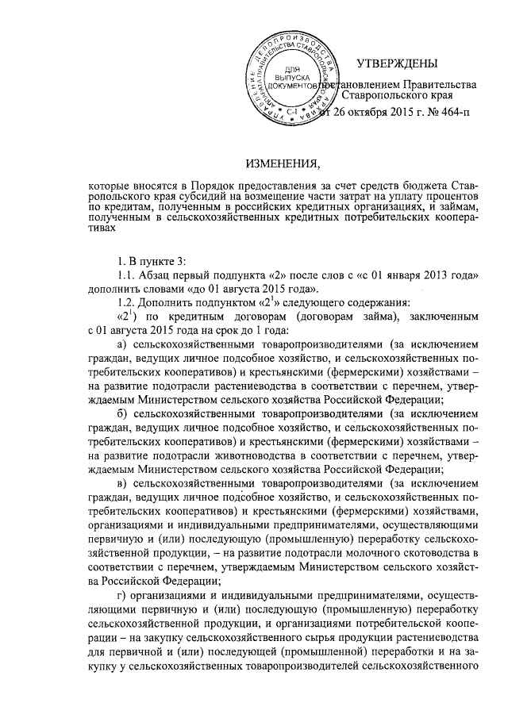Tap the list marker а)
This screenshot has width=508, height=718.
point(122,344)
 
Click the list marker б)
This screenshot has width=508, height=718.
point(122,413)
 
